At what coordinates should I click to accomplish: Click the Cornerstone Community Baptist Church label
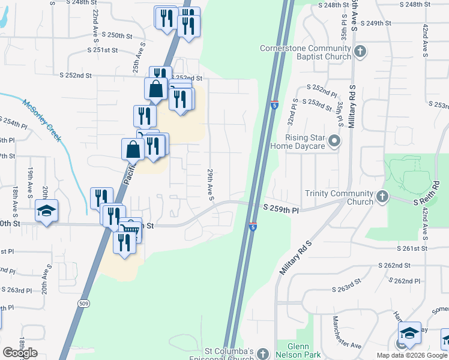(305, 52)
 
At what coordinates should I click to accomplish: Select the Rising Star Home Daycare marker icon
(334, 142)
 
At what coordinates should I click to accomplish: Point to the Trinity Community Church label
(339, 197)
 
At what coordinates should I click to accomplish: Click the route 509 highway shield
(83, 304)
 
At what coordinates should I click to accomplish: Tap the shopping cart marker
(131, 229)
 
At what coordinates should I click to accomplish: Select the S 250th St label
(116, 35)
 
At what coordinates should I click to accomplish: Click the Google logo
(20, 353)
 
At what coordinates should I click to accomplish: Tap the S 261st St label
(411, 248)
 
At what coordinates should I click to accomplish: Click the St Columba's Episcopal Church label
(238, 355)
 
